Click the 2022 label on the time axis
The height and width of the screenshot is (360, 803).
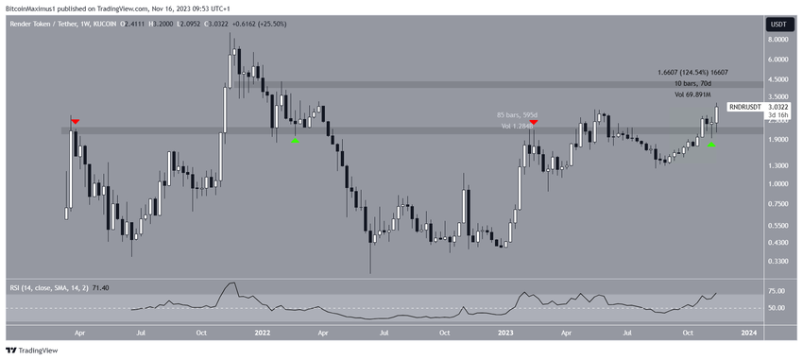tap(262, 333)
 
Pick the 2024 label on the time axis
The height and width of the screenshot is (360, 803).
tap(747, 333)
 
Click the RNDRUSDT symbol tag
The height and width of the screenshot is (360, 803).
tap(746, 106)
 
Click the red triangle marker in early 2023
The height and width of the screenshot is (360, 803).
tap(534, 123)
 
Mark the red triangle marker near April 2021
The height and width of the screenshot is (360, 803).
tap(76, 122)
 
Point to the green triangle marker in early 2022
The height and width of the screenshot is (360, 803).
tap(296, 141)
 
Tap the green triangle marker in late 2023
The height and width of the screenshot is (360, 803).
tap(710, 145)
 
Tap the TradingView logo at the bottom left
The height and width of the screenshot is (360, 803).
tap(32, 350)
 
